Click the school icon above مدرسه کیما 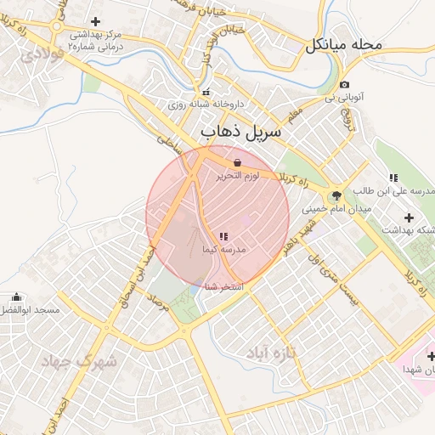pyautogui.click(x=223, y=235)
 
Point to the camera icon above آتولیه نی pyautogui.click(x=343, y=84)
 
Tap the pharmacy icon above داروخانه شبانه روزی pyautogui.click(x=204, y=93)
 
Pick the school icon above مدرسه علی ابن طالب pyautogui.click(x=393, y=178)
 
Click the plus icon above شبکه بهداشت pyautogui.click(x=410, y=217)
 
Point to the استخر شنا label pyautogui.click(x=224, y=287)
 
